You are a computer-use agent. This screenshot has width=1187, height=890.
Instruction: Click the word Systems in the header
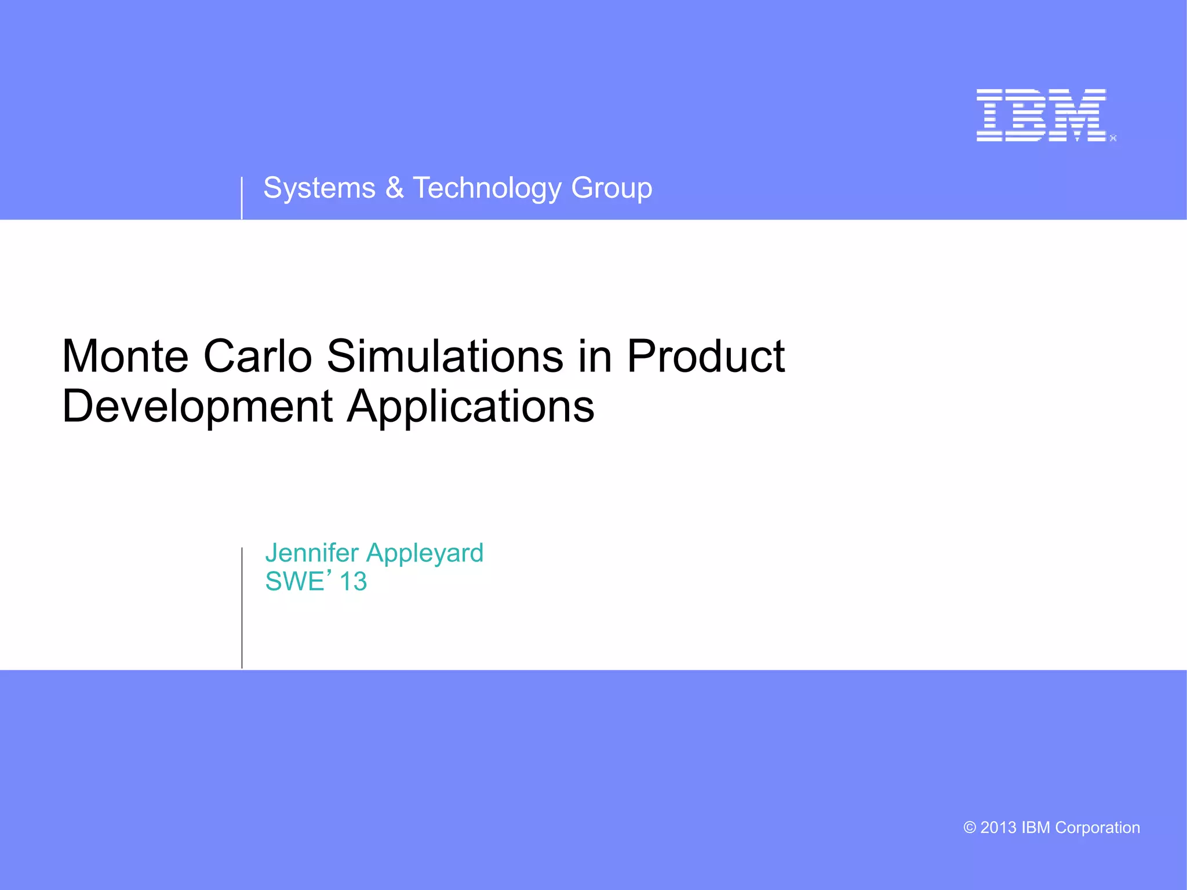tap(319, 188)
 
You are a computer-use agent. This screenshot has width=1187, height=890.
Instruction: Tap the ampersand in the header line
tap(394, 188)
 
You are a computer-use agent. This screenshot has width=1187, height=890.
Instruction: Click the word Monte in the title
tap(125, 356)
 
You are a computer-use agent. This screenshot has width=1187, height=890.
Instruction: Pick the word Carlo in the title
tap(257, 356)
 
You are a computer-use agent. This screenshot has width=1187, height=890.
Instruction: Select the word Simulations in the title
tap(445, 356)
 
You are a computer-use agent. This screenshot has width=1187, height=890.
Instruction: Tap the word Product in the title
tap(705, 356)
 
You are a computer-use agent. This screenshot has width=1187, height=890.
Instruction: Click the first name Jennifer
tap(312, 553)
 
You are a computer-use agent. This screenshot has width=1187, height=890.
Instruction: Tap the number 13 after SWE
tap(353, 582)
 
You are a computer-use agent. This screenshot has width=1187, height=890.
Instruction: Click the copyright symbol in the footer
tap(969, 828)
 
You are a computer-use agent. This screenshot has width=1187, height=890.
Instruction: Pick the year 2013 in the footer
tap(998, 828)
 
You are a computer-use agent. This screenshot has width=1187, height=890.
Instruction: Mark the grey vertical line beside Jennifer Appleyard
tap(242, 608)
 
